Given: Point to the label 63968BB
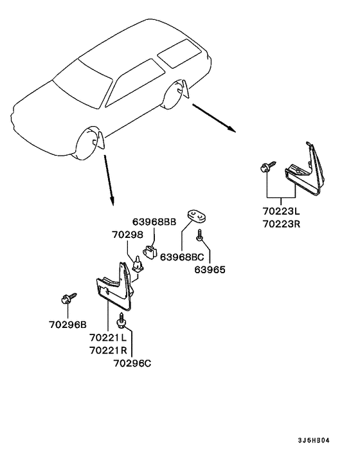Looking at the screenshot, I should tap(154, 222).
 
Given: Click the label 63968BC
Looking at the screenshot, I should tap(182, 257).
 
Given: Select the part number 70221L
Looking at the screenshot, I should tap(108, 337).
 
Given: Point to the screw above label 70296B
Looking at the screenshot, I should tap(67, 298).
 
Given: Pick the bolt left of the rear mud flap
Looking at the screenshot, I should tap(268, 168).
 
